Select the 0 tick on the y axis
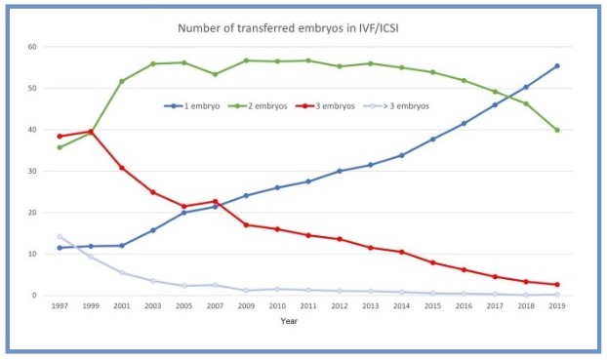pos(34,296)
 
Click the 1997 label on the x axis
pos(61,306)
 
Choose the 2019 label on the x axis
pos(556,306)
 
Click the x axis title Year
pos(289,321)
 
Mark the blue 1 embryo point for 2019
pos(556,65)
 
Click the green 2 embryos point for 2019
pos(556,130)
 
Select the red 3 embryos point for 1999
pos(92,131)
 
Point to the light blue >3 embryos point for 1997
pos(61,236)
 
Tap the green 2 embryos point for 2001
pos(122,81)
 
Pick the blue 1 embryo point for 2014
pos(401,155)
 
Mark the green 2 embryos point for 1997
pos(61,147)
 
